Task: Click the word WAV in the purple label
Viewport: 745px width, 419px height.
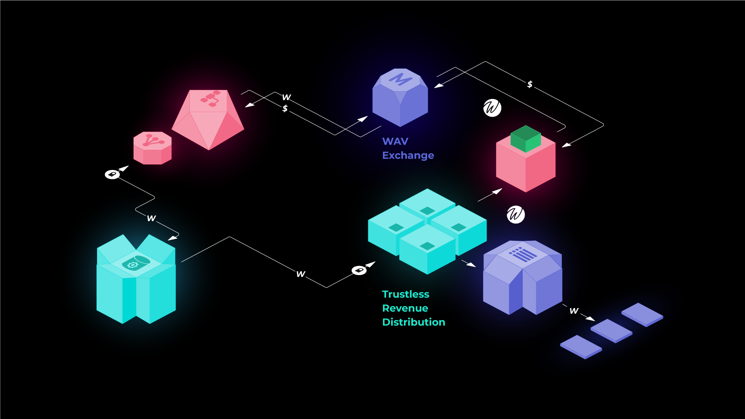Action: click(x=395, y=141)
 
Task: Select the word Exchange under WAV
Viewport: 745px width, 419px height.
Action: click(x=408, y=155)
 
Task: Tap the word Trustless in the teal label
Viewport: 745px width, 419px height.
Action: click(x=405, y=294)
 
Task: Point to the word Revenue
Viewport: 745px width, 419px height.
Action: click(x=405, y=308)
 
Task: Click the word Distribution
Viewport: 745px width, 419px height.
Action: click(x=414, y=322)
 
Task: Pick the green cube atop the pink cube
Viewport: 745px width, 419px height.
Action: click(x=525, y=139)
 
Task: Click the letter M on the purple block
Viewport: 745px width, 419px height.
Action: click(x=400, y=80)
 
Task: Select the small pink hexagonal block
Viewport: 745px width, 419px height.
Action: click(x=152, y=148)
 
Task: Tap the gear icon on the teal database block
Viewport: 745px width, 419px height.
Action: click(x=133, y=265)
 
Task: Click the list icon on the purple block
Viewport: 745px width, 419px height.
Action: click(x=523, y=255)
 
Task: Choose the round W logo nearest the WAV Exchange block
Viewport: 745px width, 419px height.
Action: click(x=492, y=108)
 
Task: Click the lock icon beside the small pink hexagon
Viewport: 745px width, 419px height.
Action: click(x=112, y=174)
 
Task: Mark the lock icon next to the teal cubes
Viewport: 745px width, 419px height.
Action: click(x=359, y=270)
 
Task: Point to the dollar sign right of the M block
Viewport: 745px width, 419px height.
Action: click(x=530, y=84)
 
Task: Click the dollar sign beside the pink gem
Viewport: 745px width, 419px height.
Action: click(x=285, y=108)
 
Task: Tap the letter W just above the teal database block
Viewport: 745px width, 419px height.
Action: click(x=151, y=218)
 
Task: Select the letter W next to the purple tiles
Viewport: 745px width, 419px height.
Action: click(x=574, y=311)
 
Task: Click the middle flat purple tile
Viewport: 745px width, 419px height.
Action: click(x=612, y=331)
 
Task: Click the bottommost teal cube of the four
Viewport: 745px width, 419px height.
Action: click(x=427, y=248)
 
